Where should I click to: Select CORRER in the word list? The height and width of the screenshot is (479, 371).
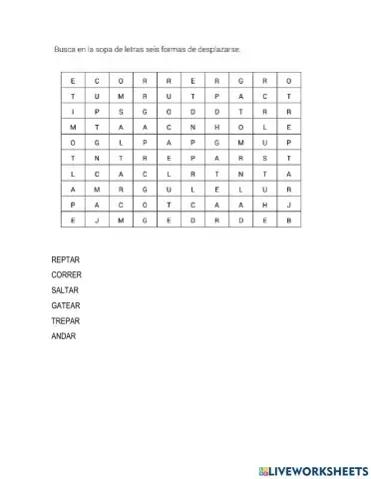(66, 274)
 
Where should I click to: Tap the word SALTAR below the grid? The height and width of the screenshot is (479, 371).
(65, 290)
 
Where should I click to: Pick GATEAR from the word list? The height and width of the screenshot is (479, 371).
(65, 305)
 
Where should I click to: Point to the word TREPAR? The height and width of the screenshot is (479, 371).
(65, 320)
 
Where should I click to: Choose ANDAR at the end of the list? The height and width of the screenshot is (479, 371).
(62, 335)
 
